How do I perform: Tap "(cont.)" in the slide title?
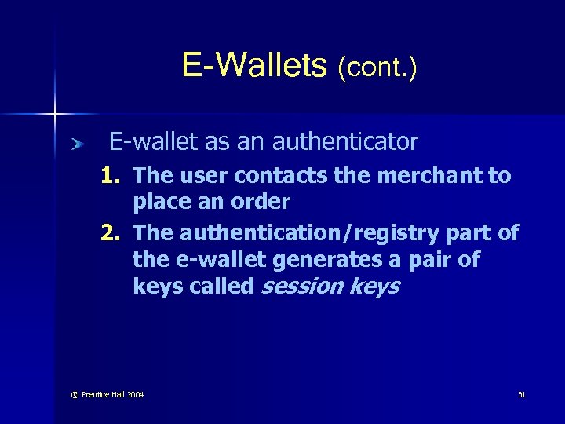[377, 68]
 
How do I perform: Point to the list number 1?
[112, 176]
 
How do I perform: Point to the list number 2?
[112, 233]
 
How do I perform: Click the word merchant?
[423, 176]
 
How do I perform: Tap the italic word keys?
[374, 287]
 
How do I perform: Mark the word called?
[222, 287]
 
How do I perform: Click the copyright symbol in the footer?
[64, 394]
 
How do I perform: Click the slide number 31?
[521, 394]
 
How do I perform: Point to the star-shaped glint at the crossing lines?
[55, 115]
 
